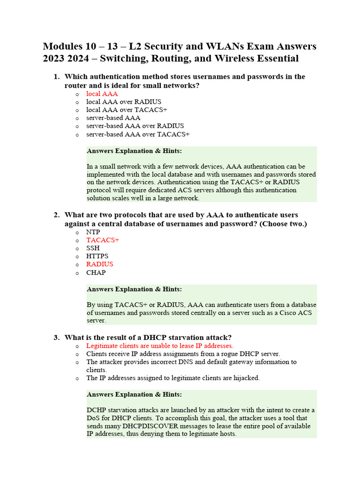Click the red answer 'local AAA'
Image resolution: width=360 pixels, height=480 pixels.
102,94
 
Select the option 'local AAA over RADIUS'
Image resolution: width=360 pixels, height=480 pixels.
124,102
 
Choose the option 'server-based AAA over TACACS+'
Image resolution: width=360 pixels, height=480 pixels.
138,134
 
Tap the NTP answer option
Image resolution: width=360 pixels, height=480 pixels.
93,232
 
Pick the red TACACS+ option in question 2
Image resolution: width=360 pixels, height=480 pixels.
103,240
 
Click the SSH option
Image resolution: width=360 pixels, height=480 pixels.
93,248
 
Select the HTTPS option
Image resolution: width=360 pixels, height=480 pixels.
97,256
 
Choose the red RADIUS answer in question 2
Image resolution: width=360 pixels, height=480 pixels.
99,264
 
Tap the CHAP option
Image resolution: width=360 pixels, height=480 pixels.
96,272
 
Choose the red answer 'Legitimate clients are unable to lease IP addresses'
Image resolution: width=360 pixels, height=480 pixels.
159,345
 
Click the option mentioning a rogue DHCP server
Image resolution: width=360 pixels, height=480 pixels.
183,354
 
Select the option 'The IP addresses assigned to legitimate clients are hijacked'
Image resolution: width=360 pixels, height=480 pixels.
172,378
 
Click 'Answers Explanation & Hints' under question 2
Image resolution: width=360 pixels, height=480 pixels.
134,289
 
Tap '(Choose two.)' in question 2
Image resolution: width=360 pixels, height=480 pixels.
283,224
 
